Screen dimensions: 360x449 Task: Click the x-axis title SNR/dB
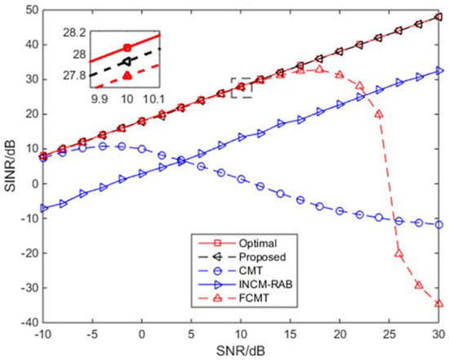coord(242,351)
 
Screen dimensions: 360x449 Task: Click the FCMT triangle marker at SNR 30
coord(439,303)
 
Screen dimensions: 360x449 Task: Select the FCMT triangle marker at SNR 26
coord(399,253)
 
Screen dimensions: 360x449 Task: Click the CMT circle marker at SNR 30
coord(439,224)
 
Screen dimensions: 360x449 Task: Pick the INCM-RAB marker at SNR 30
coord(439,71)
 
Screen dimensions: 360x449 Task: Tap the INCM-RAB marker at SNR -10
coord(42,208)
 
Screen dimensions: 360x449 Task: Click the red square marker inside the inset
coord(126,47)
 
